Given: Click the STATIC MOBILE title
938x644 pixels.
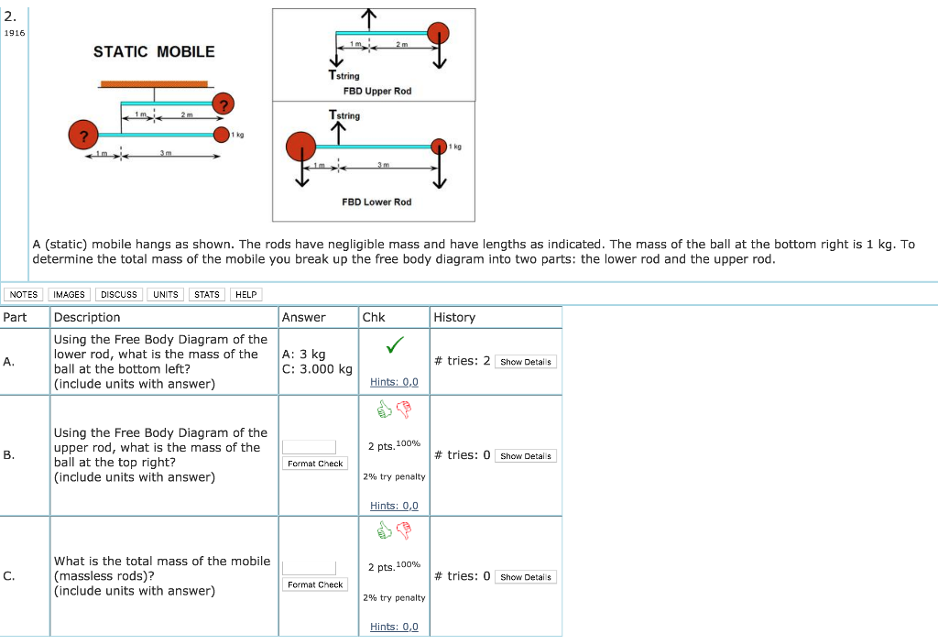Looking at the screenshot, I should coord(154,51).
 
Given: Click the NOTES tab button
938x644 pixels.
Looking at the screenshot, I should coord(23,294).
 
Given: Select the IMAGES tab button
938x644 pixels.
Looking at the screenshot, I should coord(70,294).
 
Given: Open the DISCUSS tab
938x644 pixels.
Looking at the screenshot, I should coord(119,294).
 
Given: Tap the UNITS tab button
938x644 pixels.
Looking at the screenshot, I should coord(166,294).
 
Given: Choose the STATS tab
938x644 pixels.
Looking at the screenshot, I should coord(207,294).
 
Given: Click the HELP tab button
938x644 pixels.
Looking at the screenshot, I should coord(245,294).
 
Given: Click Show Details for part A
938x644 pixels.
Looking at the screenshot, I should coord(526,362).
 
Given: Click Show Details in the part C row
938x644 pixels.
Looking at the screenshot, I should coord(526,577).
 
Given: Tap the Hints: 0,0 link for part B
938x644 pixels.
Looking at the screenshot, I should coord(394,506).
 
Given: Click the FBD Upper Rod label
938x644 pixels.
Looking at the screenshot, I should coord(377,91).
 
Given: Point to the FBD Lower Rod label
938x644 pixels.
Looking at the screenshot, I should coord(376,202).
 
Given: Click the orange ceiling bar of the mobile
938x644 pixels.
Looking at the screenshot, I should coord(154,83).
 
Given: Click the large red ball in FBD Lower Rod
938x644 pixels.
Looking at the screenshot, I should coord(301,146).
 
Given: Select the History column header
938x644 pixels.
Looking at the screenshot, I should coord(454,317).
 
